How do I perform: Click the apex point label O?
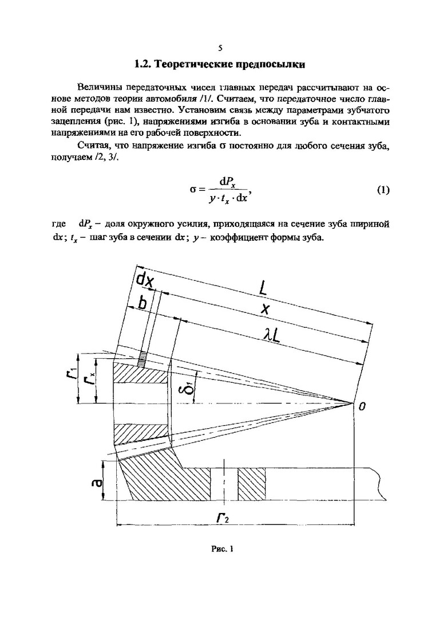362,406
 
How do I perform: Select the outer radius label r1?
81,379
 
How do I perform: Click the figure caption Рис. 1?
223,549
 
